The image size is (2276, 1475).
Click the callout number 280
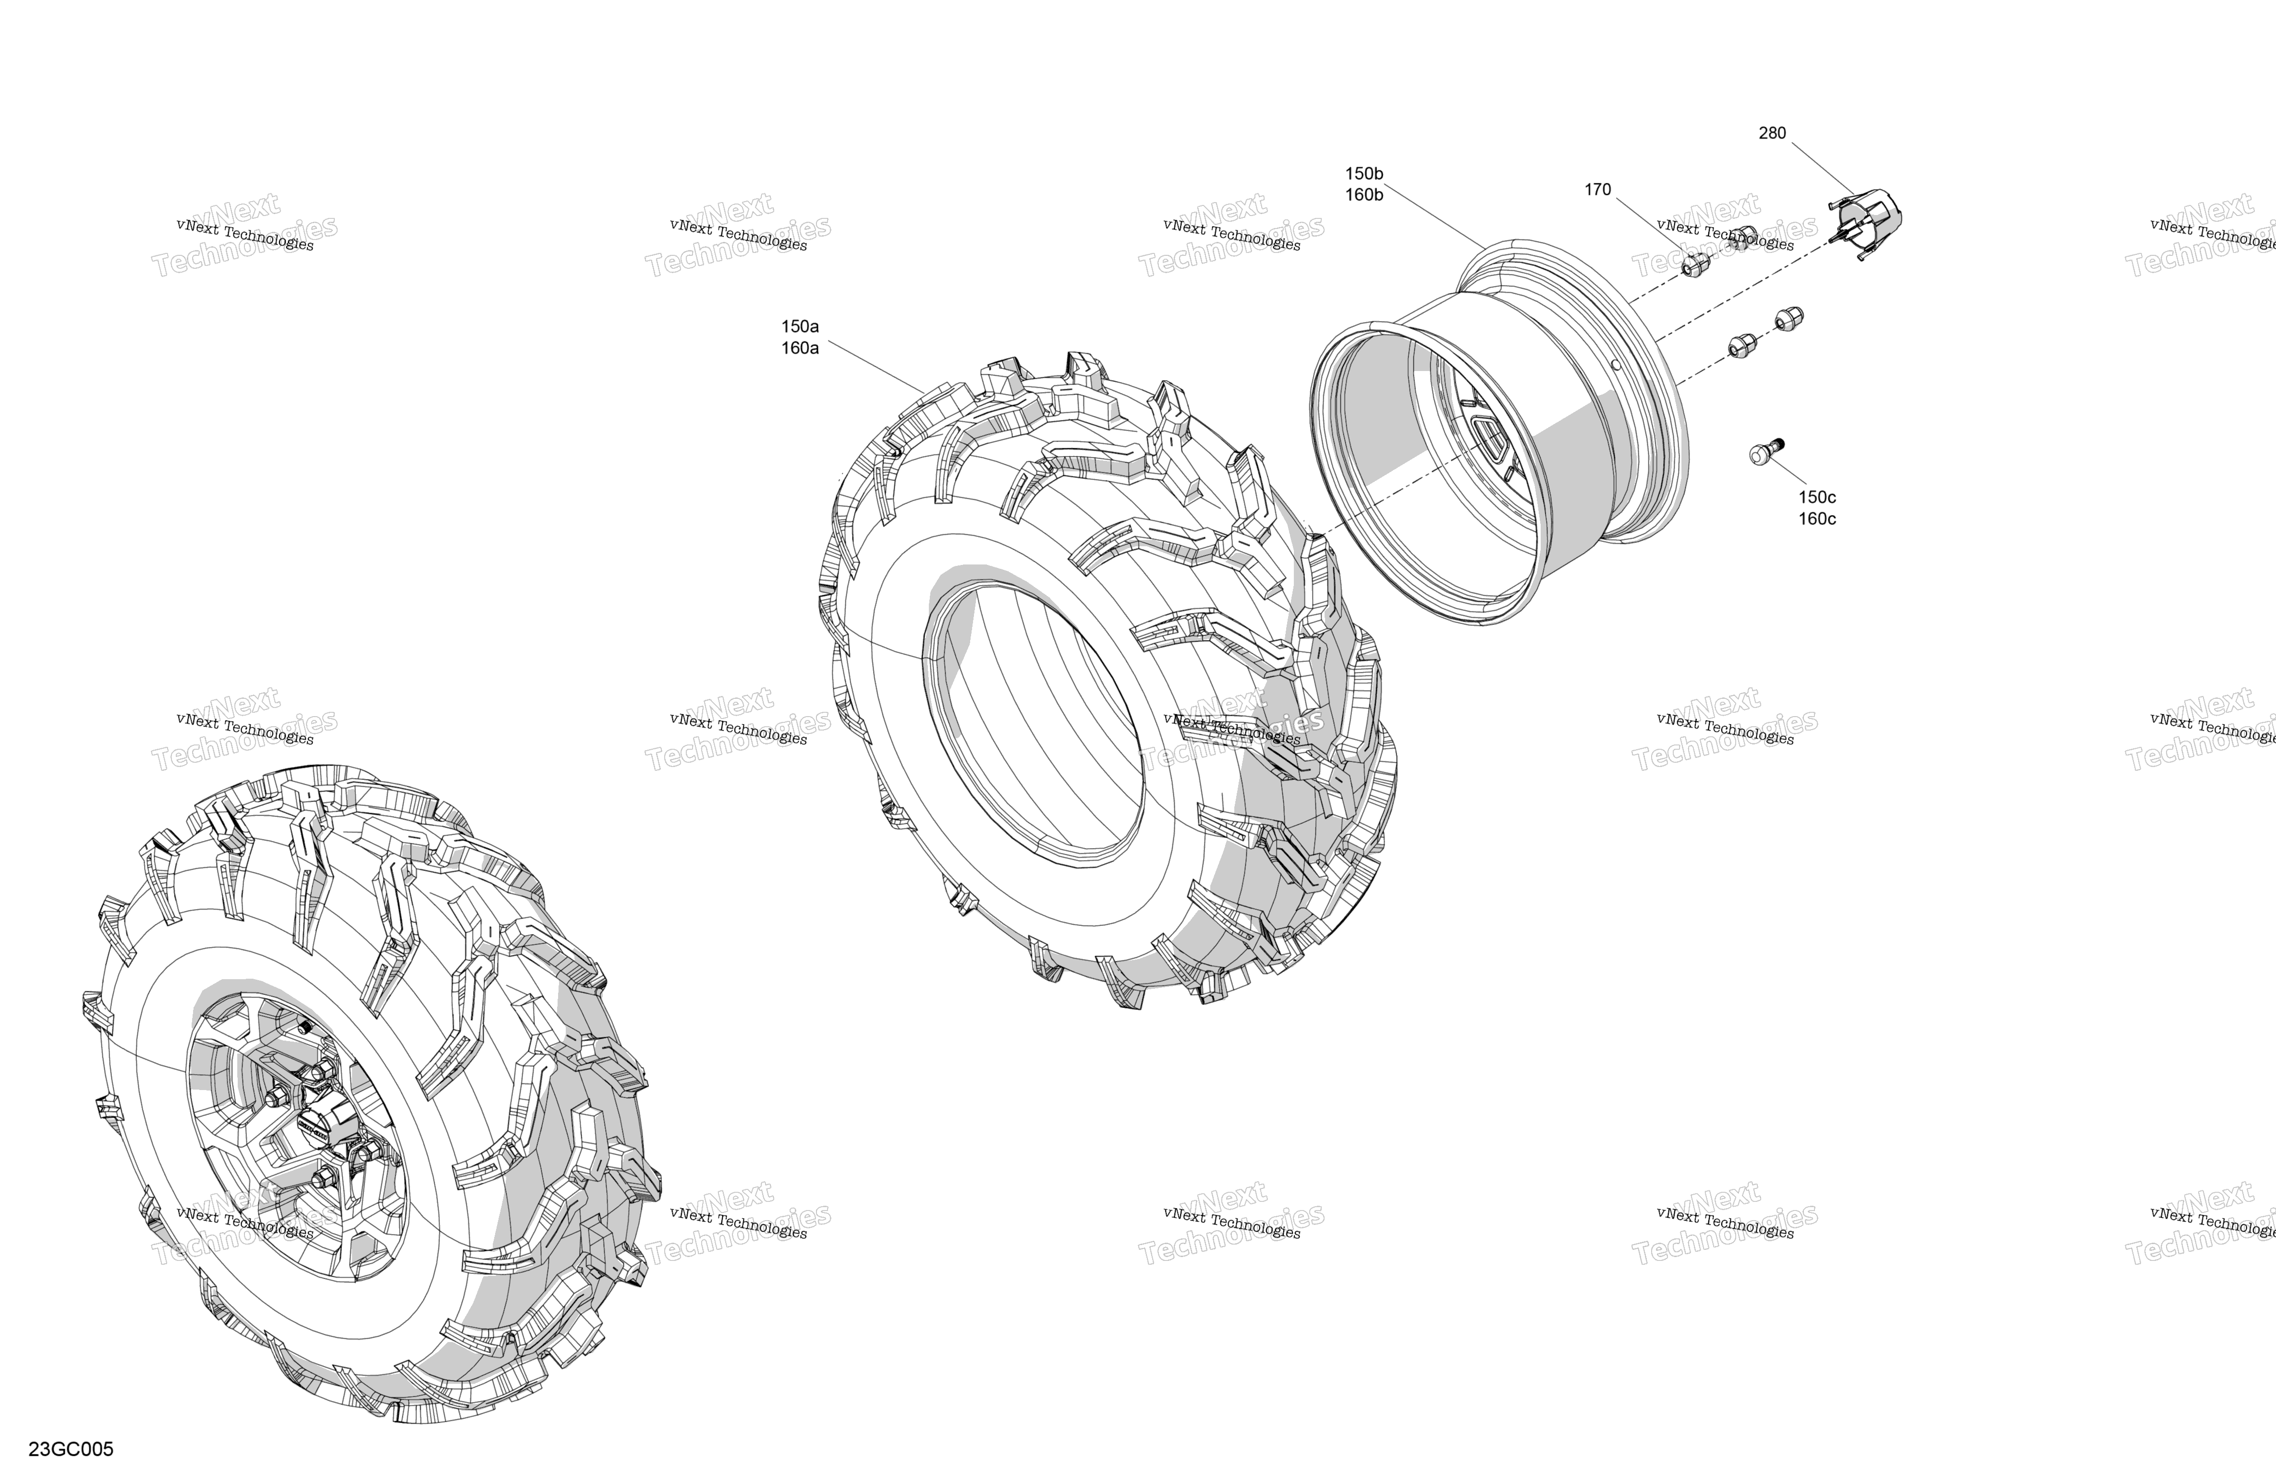click(1772, 133)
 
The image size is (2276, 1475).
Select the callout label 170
click(1598, 189)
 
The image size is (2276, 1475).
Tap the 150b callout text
click(1364, 173)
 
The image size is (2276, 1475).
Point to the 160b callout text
click(1364, 195)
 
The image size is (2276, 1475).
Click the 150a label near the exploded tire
click(801, 326)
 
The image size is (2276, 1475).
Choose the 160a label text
click(801, 348)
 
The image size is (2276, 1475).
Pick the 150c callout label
click(1817, 497)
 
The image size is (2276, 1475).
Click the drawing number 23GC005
click(71, 1449)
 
